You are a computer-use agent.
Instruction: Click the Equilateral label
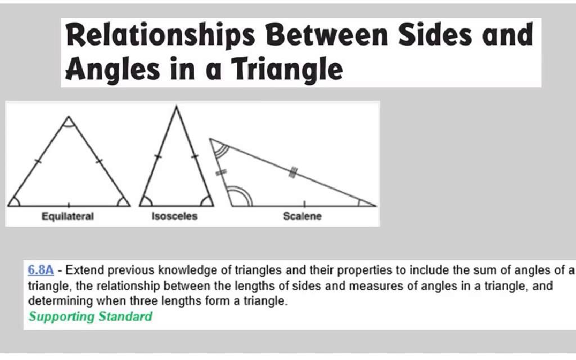67,216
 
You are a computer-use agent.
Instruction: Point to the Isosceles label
174,216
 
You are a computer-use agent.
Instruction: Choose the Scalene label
302,216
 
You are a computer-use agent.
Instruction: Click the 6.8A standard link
41,270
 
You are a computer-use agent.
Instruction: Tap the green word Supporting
61,316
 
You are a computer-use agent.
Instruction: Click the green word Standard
125,316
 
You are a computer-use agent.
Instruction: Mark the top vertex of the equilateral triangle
68,118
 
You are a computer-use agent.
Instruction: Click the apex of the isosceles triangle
176,107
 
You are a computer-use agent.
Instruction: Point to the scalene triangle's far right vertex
374,206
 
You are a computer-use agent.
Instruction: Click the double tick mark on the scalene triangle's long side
293,172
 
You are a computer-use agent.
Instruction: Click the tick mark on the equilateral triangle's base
69,204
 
